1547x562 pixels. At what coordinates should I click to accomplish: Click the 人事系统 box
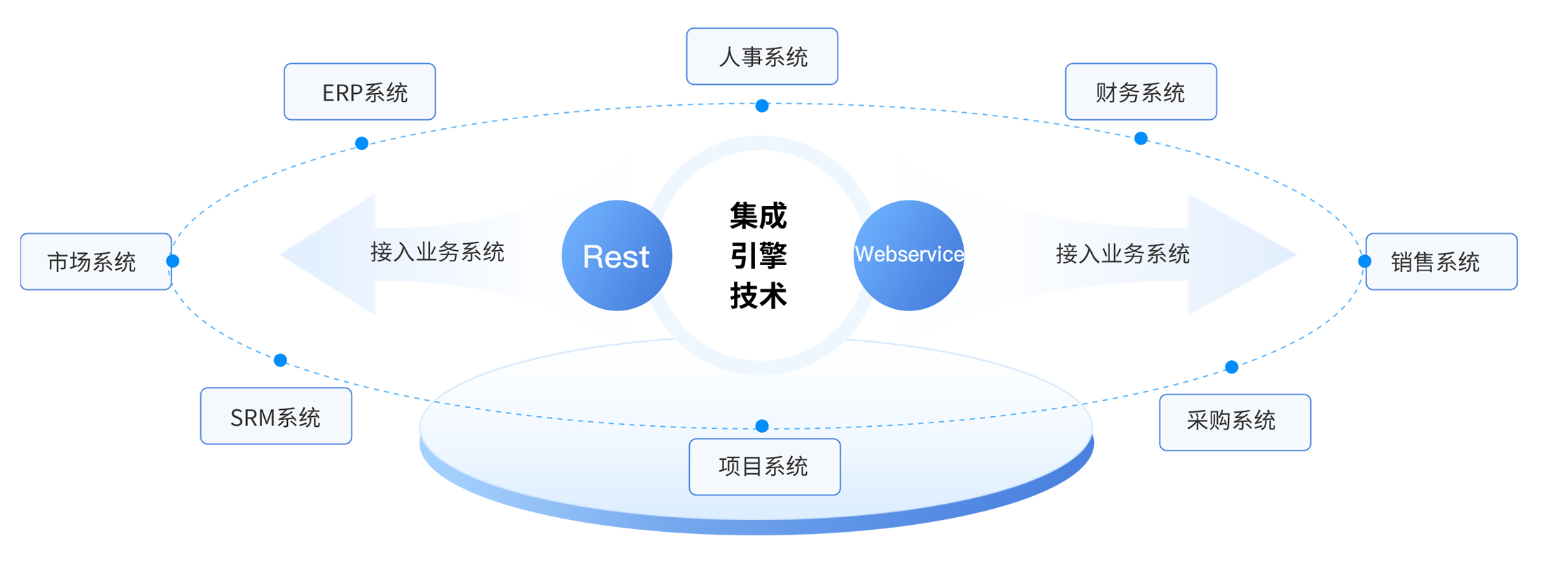(x=762, y=57)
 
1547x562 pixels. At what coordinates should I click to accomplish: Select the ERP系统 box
(x=359, y=92)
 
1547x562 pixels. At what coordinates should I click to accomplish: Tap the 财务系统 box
(x=1140, y=92)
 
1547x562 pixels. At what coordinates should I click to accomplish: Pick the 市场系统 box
(x=96, y=261)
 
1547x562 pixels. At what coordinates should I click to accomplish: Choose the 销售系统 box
(x=1441, y=261)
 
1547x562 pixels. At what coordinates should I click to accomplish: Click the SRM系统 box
(x=276, y=416)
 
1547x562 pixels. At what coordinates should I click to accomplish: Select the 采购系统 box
(x=1235, y=422)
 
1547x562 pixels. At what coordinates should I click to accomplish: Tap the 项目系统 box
(x=764, y=467)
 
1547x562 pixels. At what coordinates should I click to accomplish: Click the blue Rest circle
(x=616, y=256)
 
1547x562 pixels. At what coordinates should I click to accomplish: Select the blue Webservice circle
(x=909, y=255)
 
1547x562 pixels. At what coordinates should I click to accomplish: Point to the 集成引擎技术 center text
(x=758, y=255)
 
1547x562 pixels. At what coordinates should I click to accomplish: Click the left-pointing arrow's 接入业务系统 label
(x=437, y=252)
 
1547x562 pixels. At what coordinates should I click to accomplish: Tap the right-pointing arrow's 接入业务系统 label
(x=1123, y=254)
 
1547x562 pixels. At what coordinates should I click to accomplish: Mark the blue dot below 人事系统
(x=762, y=106)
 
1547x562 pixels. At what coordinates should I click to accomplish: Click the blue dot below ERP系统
(x=361, y=144)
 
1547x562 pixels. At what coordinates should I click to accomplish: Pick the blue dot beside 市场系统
(x=173, y=261)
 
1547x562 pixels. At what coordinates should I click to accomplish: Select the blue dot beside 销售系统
(x=1364, y=261)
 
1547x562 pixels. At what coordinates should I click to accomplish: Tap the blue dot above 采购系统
(x=1231, y=366)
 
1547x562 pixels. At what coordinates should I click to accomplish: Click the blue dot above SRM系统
(x=280, y=360)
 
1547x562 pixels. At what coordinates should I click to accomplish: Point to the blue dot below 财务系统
(x=1141, y=139)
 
